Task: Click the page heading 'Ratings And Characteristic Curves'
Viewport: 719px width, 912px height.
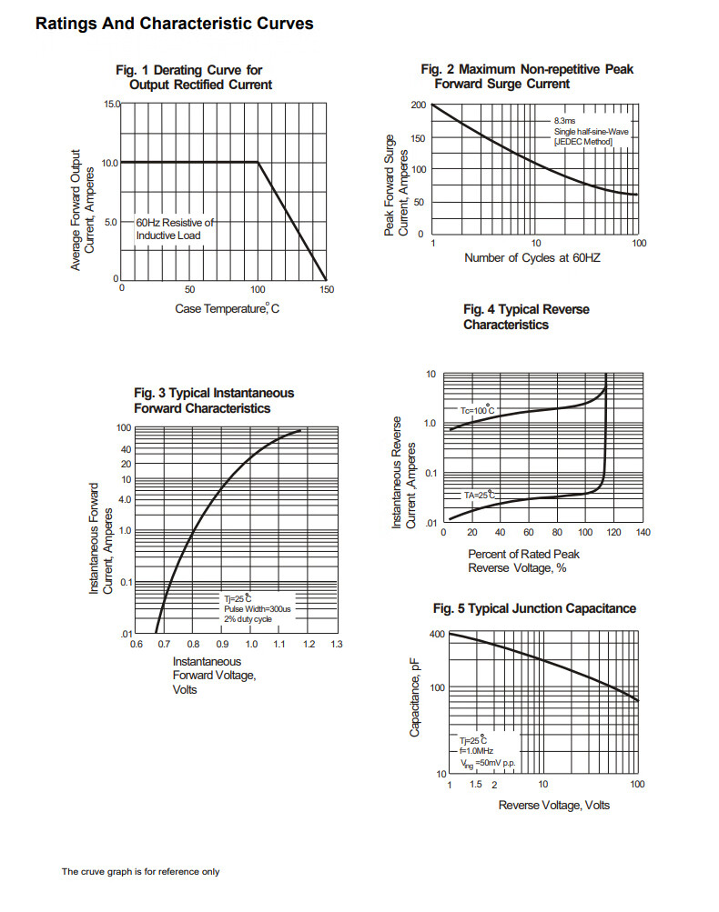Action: click(x=174, y=24)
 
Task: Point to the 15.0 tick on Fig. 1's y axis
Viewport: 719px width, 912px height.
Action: click(x=110, y=105)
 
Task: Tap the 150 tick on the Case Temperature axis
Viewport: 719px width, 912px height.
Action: click(x=327, y=290)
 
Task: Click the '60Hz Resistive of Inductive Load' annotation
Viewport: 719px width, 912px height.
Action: click(x=175, y=229)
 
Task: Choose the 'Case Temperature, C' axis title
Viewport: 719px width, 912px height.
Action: click(x=227, y=309)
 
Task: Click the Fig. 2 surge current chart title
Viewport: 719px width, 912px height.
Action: click(x=527, y=76)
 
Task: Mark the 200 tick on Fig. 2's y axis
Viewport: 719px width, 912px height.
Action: click(x=418, y=105)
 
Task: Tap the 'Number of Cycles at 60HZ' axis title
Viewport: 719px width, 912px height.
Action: click(x=532, y=258)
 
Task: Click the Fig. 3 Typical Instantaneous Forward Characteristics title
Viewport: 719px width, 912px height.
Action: click(x=214, y=401)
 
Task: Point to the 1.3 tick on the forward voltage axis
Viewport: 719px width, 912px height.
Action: click(x=336, y=645)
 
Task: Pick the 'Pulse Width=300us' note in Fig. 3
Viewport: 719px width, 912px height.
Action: click(x=258, y=608)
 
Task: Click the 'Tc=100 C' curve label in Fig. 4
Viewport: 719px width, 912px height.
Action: click(x=477, y=411)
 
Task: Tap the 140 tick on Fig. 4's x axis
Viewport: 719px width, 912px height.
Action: click(x=643, y=533)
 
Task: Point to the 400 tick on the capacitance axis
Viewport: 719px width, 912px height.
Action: click(x=437, y=634)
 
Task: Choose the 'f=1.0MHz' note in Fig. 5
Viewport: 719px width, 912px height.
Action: click(x=477, y=751)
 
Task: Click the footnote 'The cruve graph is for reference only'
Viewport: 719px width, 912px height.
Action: click(x=140, y=872)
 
